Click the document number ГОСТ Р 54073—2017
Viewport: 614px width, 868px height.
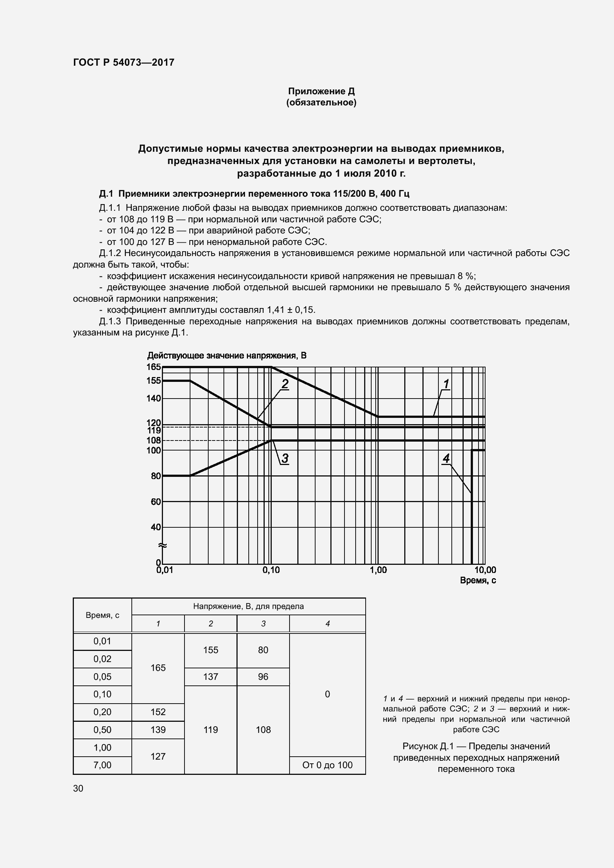click(x=124, y=62)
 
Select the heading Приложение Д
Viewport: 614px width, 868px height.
click(x=321, y=91)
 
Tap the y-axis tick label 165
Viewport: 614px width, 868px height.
click(x=154, y=367)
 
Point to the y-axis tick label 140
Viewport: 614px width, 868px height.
click(x=154, y=398)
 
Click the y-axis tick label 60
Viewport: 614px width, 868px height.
click(x=156, y=502)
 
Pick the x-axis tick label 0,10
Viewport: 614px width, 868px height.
click(x=271, y=570)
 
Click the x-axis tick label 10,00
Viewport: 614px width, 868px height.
click(x=485, y=570)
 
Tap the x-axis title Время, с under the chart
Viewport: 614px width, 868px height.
click(x=478, y=580)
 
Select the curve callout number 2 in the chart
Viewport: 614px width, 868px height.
click(x=285, y=384)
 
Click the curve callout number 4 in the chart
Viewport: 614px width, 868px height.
click(x=446, y=458)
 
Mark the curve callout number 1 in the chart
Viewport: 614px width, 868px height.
click(x=446, y=384)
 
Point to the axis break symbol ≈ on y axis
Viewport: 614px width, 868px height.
click(x=163, y=545)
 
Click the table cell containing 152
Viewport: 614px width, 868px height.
click(x=158, y=712)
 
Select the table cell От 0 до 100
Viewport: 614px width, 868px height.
click(x=327, y=765)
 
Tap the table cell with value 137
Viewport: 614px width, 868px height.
click(x=210, y=677)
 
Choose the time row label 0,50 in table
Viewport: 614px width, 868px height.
click(x=102, y=730)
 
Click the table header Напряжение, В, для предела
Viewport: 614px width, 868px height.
click(x=248, y=606)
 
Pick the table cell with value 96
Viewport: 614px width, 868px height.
click(x=263, y=677)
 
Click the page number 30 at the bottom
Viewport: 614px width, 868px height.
click(x=78, y=788)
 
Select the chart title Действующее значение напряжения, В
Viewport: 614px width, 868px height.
click(x=226, y=356)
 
